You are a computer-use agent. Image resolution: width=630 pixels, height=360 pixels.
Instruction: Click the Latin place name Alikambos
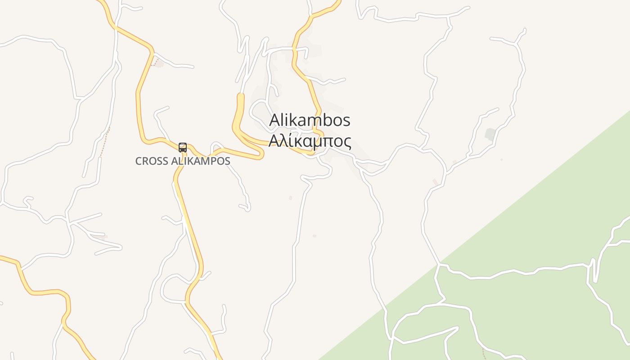pyautogui.click(x=310, y=120)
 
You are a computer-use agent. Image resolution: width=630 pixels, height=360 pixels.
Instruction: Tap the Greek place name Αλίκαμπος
pyautogui.click(x=310, y=140)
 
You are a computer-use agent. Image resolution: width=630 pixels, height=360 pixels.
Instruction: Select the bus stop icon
pyautogui.click(x=182, y=147)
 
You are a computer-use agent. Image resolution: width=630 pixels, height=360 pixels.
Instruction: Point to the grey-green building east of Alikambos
pyautogui.click(x=490, y=134)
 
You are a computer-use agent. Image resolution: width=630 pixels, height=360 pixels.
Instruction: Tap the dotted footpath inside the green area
pyautogui.click(x=484, y=353)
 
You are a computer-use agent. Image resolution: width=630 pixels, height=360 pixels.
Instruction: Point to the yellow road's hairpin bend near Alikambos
pyautogui.click(x=261, y=154)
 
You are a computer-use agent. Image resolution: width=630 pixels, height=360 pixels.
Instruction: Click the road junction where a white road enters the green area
pyautogui.click(x=439, y=265)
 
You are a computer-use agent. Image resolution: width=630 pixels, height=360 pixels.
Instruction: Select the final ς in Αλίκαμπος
pyautogui.click(x=347, y=141)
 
